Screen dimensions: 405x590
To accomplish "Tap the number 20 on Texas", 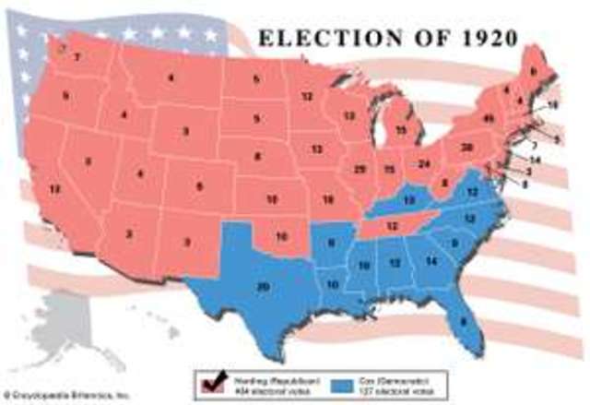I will pyautogui.click(x=263, y=288).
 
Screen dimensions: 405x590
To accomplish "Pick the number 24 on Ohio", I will pyautogui.click(x=424, y=163).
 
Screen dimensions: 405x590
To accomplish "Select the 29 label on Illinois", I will pyautogui.click(x=360, y=170).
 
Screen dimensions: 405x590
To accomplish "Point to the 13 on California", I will pyautogui.click(x=55, y=189).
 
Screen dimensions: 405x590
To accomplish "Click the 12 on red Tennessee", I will pyautogui.click(x=392, y=225).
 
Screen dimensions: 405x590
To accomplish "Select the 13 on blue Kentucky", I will pyautogui.click(x=408, y=200).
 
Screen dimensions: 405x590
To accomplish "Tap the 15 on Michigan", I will pyautogui.click(x=400, y=130).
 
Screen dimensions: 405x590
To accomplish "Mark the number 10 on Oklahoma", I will pyautogui.click(x=281, y=237).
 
